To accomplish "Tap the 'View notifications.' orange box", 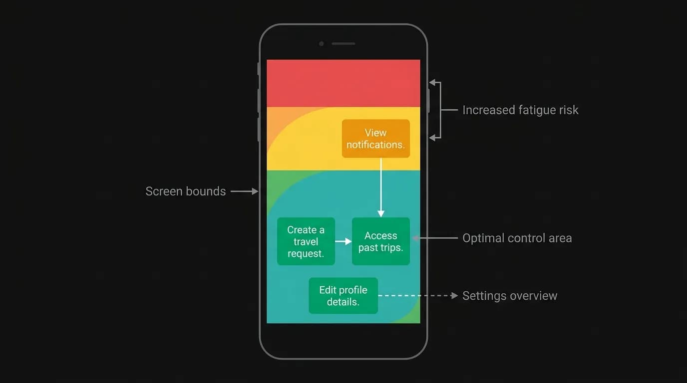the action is [375, 139].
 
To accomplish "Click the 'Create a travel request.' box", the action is [306, 241].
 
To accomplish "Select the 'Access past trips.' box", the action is [381, 241].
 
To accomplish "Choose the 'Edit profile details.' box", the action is [343, 296].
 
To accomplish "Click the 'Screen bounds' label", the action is [186, 191].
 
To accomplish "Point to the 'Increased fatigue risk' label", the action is [520, 110].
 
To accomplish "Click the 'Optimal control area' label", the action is [517, 238].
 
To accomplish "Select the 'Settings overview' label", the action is [510, 296].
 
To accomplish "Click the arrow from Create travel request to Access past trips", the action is [343, 241].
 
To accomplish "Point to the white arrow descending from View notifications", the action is [381, 188].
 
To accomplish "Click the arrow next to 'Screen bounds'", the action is [245, 191].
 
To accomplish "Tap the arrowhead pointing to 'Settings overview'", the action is [454, 296].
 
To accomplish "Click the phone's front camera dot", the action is [322, 44].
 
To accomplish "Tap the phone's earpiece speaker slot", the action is [343, 44].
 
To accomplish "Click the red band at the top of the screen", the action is [343, 83].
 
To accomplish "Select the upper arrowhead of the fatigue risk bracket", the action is [432, 82].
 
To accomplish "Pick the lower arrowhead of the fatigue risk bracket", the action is [432, 138].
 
